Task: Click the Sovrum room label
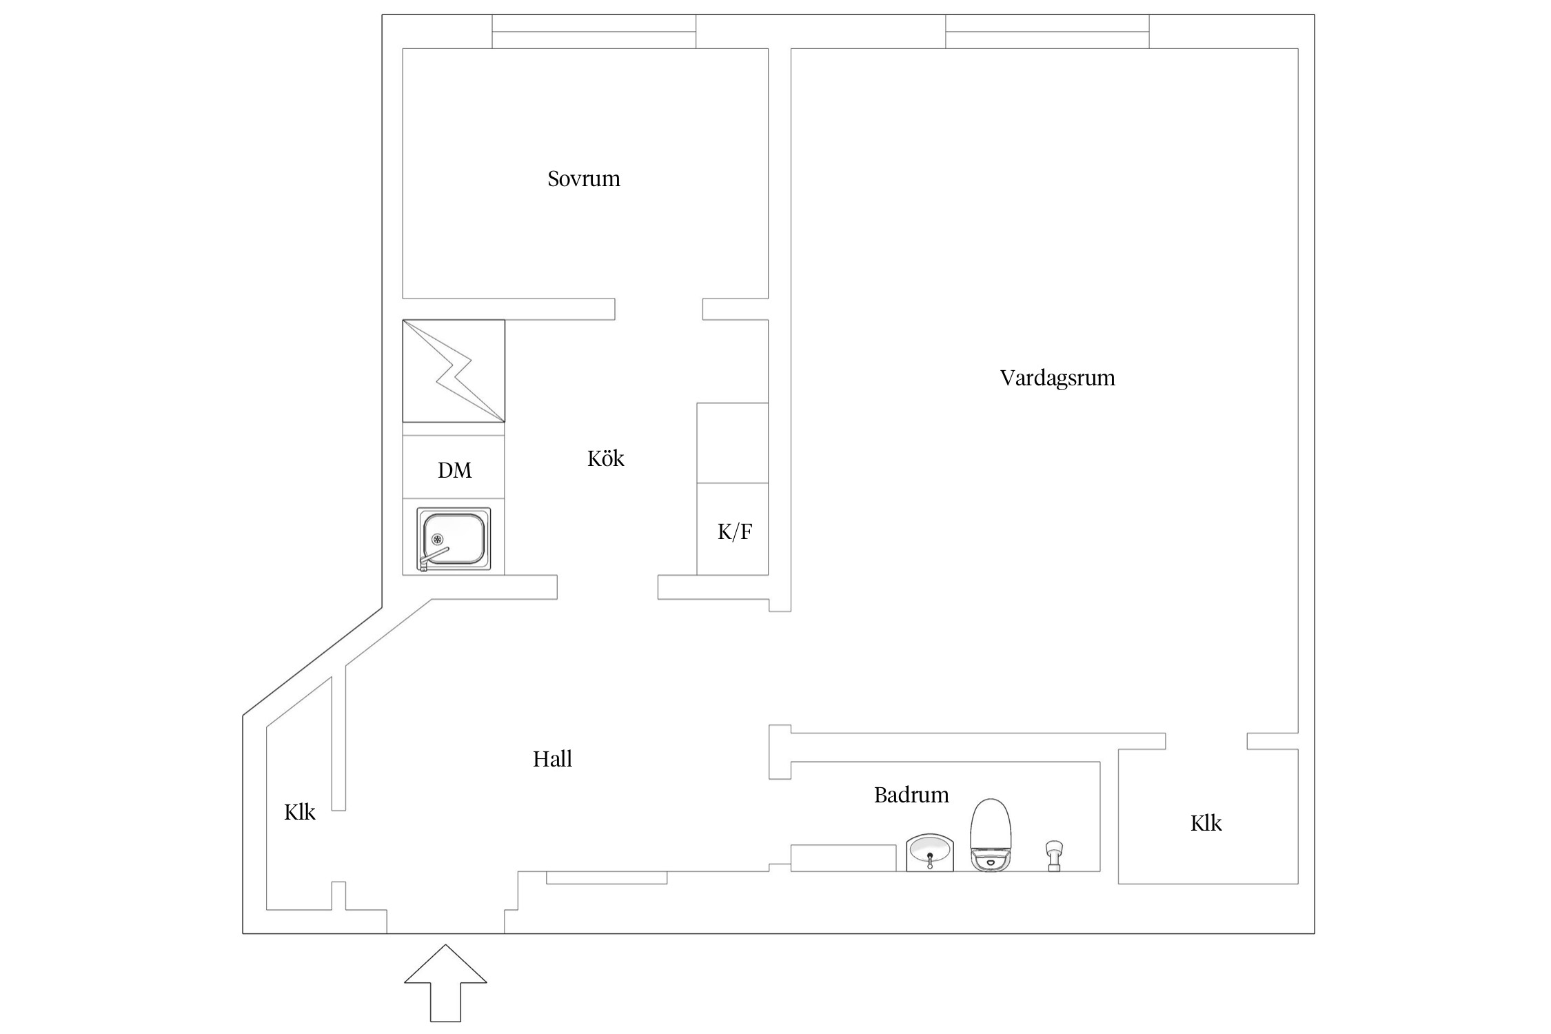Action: (x=583, y=179)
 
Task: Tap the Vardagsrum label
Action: (x=1057, y=378)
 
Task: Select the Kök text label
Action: (x=605, y=458)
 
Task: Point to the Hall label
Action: (x=552, y=759)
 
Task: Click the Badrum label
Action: (x=911, y=795)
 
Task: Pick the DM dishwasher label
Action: (x=454, y=470)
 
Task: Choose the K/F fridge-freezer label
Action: (x=734, y=531)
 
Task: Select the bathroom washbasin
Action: (x=929, y=852)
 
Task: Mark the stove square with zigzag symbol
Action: (x=454, y=370)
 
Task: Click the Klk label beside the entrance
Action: (x=299, y=812)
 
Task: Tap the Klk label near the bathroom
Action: (x=1205, y=823)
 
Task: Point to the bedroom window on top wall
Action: (x=594, y=32)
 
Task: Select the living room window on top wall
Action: (x=1046, y=32)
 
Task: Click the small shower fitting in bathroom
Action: (x=1054, y=855)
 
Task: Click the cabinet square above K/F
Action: (x=732, y=443)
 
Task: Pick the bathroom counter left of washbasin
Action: (x=842, y=858)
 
